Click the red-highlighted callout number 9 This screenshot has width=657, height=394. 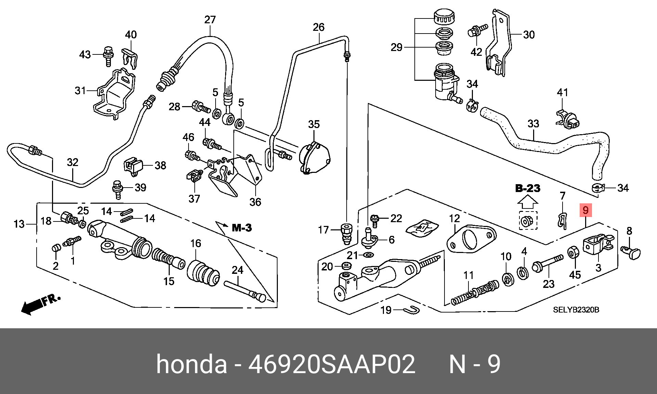(x=585, y=210)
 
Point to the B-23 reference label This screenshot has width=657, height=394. (x=528, y=188)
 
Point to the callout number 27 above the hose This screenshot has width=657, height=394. (x=210, y=20)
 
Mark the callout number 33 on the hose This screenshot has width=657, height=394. (x=533, y=124)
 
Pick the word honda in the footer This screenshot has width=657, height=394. (x=192, y=365)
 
